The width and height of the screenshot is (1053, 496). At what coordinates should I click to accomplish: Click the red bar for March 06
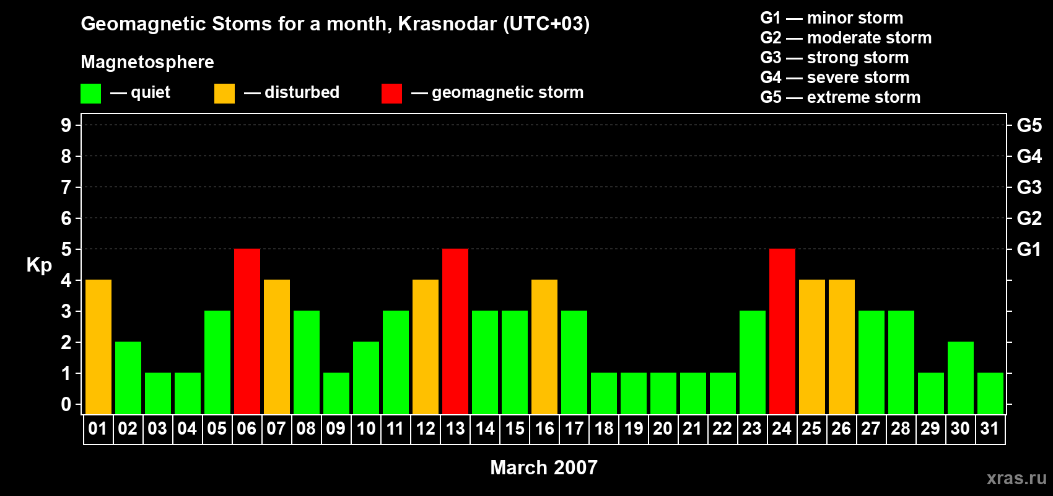point(247,331)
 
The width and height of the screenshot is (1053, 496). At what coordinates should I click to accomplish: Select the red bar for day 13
point(455,331)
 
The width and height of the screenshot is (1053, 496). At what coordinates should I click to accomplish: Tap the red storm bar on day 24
point(782,331)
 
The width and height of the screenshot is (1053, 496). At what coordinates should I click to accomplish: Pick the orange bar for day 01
point(98,347)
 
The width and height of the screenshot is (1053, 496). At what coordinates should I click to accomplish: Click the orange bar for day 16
point(544,347)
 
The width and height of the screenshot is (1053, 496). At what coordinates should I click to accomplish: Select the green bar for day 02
point(128,378)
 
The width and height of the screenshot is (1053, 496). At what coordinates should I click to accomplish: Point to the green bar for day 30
point(961,378)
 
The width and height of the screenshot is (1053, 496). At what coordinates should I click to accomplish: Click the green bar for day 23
point(753,362)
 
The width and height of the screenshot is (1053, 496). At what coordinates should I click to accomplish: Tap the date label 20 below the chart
point(663,429)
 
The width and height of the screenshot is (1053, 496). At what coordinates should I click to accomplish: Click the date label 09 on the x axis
point(336,429)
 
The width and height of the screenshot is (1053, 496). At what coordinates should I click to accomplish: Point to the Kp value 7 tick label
point(66,187)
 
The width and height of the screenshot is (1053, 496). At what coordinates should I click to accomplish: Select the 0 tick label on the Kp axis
point(66,405)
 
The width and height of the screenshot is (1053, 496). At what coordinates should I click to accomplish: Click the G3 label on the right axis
point(1029,187)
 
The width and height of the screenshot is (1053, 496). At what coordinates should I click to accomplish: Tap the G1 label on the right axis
point(1029,249)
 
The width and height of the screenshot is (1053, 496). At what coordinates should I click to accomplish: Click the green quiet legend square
point(90,94)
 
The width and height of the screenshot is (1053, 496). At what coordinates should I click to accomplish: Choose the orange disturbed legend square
point(224,94)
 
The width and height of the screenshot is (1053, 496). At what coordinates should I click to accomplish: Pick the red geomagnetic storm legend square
point(391,94)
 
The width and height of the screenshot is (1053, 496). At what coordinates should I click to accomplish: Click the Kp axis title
point(39,265)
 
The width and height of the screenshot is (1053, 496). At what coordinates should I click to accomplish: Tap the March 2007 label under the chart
point(544,467)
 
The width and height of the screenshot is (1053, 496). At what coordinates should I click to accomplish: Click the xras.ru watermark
point(1016,478)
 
